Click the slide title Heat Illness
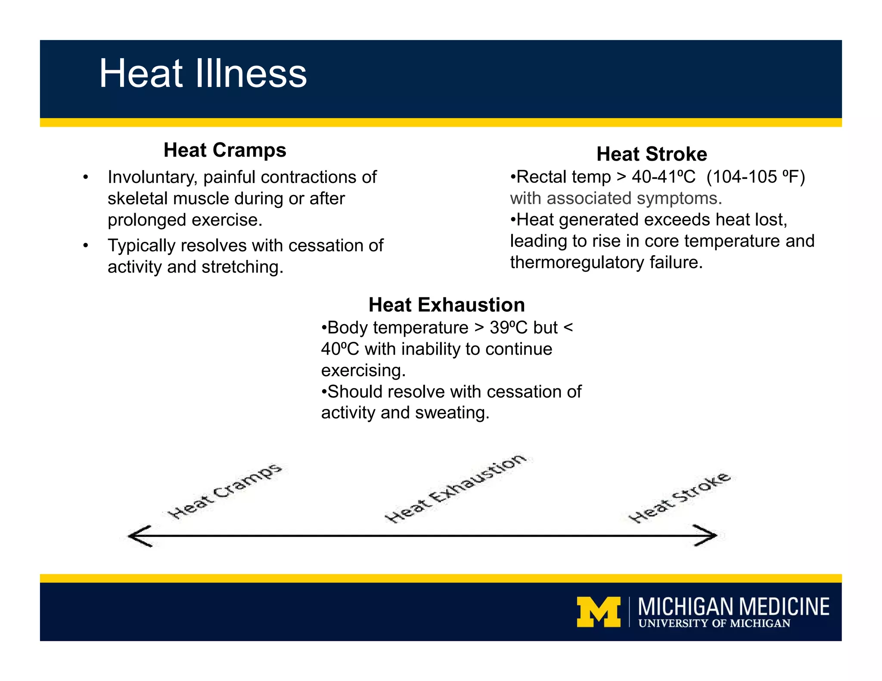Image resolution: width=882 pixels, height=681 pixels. click(x=203, y=74)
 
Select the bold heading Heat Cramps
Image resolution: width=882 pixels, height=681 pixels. click(x=225, y=150)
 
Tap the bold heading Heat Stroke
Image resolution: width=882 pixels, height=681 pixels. click(x=651, y=154)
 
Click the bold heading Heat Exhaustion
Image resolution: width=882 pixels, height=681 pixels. click(x=447, y=305)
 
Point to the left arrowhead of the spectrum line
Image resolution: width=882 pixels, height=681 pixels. click(x=139, y=536)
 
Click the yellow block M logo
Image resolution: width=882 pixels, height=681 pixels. click(x=599, y=612)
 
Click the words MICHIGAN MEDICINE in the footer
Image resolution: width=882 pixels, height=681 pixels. click(x=733, y=607)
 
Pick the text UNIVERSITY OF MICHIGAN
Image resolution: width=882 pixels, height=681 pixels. click(x=714, y=624)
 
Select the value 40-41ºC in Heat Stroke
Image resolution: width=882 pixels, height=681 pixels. click(x=663, y=177)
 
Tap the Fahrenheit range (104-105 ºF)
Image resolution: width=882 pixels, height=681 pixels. click(x=755, y=177)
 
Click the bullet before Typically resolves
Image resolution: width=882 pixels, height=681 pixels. click(x=86, y=246)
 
